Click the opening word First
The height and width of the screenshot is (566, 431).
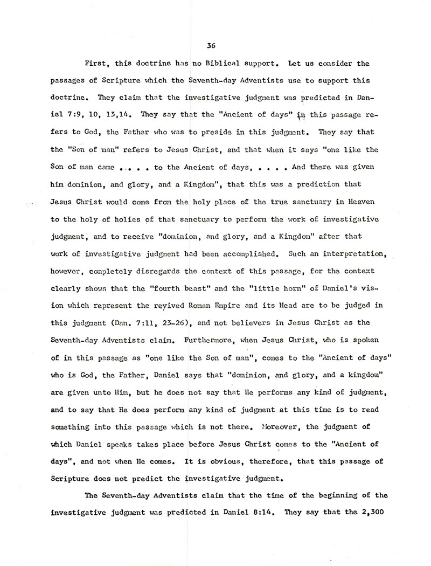pyautogui.click(x=98, y=64)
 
